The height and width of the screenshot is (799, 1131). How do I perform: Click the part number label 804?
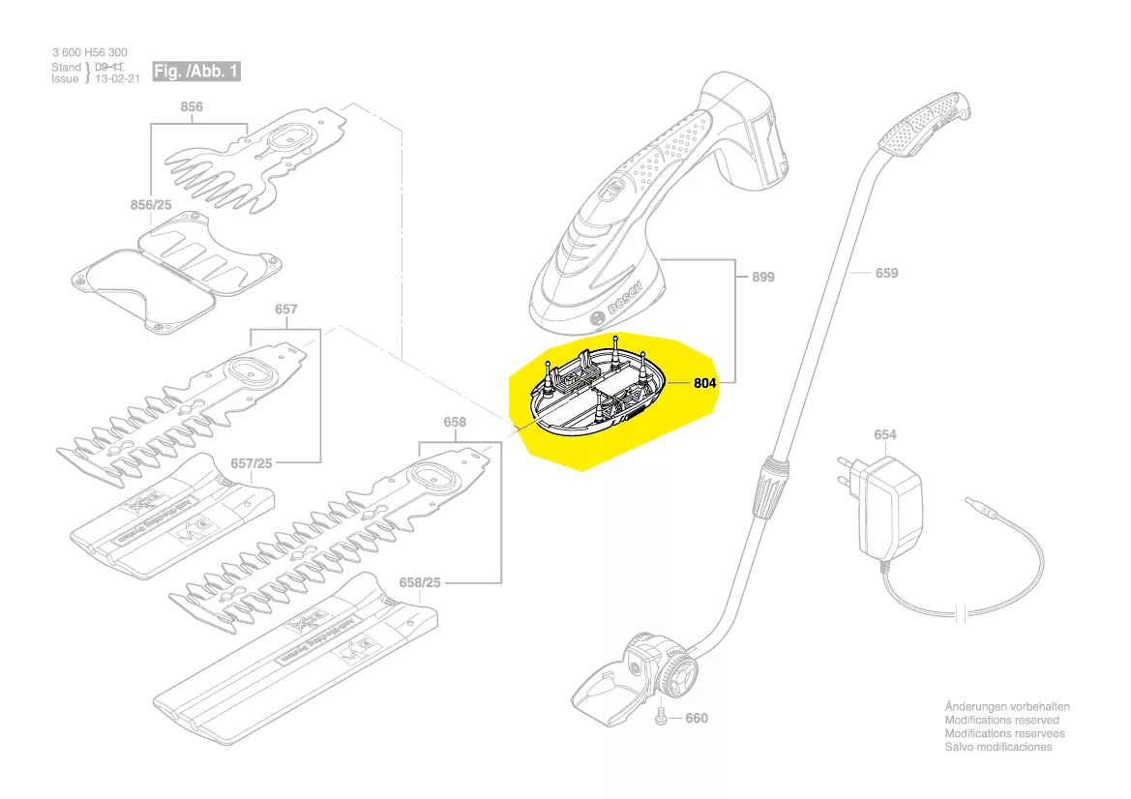(x=706, y=383)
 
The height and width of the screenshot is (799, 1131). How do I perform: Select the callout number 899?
(x=763, y=277)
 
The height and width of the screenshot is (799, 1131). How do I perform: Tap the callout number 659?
(x=886, y=273)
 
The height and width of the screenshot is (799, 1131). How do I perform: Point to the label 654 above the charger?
(x=885, y=434)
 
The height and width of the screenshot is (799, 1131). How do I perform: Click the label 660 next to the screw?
(x=697, y=718)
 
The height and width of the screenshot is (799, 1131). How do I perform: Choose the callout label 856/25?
(x=150, y=205)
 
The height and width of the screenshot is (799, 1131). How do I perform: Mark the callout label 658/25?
(x=420, y=583)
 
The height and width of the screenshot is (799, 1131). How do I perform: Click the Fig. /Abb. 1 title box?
(x=196, y=72)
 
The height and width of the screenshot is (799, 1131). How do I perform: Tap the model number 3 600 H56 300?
(x=88, y=52)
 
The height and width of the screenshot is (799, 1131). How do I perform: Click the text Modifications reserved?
(x=1001, y=720)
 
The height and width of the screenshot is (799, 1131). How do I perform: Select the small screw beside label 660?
(x=661, y=716)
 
